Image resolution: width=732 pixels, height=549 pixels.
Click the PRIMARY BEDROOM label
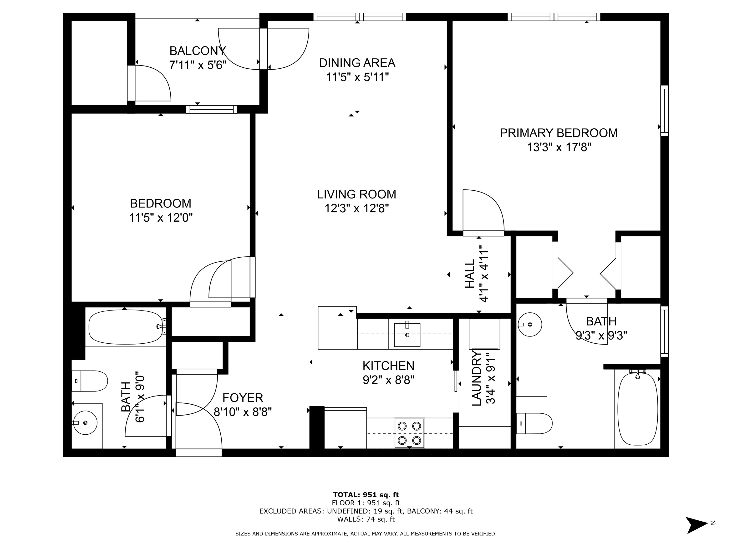point(558,133)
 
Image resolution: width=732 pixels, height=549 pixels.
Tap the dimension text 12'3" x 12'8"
point(356,208)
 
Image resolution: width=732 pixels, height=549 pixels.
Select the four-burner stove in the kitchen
point(409,433)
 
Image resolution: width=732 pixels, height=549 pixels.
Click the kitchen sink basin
point(407,335)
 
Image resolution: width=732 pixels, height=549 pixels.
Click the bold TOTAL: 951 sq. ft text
point(366,495)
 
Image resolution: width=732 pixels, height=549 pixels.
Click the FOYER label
point(243,397)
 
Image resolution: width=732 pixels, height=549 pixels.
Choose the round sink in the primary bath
point(530,325)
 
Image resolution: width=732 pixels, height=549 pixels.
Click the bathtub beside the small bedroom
point(126,327)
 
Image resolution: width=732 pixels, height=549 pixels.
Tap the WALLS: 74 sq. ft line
point(366,519)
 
